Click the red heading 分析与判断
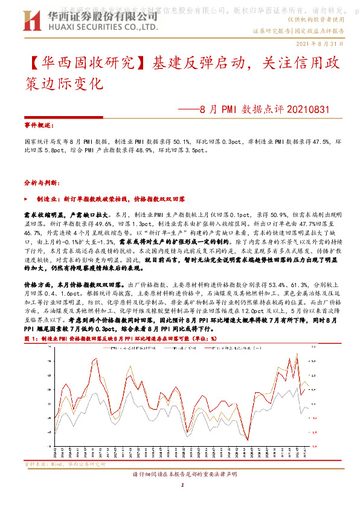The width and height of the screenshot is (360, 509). point(38,181)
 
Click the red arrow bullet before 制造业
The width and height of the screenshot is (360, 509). point(27,198)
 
